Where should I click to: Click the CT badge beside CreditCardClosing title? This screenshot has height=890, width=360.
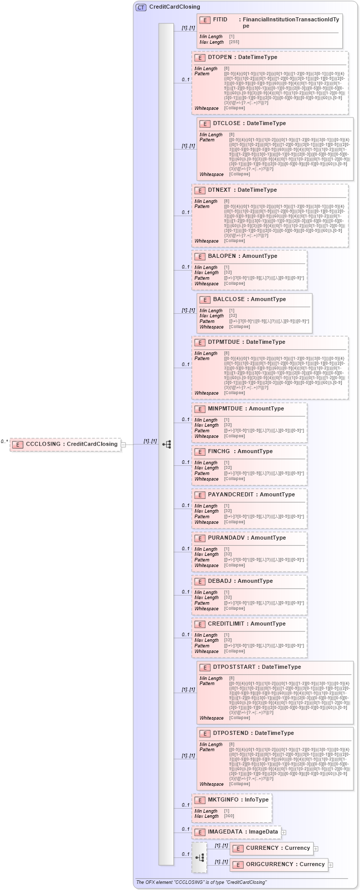141,7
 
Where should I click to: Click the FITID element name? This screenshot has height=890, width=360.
220,20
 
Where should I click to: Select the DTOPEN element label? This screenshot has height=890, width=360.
220,57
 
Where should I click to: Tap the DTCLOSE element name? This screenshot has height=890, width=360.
227,124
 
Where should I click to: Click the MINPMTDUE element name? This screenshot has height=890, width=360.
225,409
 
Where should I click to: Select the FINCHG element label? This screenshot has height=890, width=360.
219,452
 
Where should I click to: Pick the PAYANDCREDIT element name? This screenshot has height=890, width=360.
230,495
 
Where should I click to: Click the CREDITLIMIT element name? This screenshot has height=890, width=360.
226,624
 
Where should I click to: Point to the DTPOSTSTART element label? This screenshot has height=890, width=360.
235,667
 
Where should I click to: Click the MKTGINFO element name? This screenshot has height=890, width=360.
223,800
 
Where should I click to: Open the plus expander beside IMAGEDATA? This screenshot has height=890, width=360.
284,833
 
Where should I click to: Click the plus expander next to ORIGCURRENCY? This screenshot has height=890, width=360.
331,865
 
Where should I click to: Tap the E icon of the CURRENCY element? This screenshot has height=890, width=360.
237,849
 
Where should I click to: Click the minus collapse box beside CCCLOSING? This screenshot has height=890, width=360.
124,444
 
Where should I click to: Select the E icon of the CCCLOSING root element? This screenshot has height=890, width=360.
17,444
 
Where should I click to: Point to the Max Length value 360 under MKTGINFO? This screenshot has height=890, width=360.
229,816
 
